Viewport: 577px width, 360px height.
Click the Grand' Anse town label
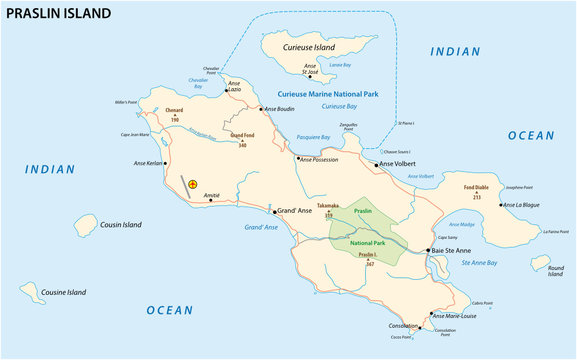pyautogui.click(x=298, y=211)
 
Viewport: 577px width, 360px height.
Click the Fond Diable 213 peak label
pyautogui.click(x=476, y=192)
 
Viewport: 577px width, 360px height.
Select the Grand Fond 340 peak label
pyautogui.click(x=241, y=139)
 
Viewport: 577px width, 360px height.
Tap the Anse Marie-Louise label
pyautogui.click(x=459, y=315)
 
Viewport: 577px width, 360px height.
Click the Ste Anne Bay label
pyautogui.click(x=479, y=262)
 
